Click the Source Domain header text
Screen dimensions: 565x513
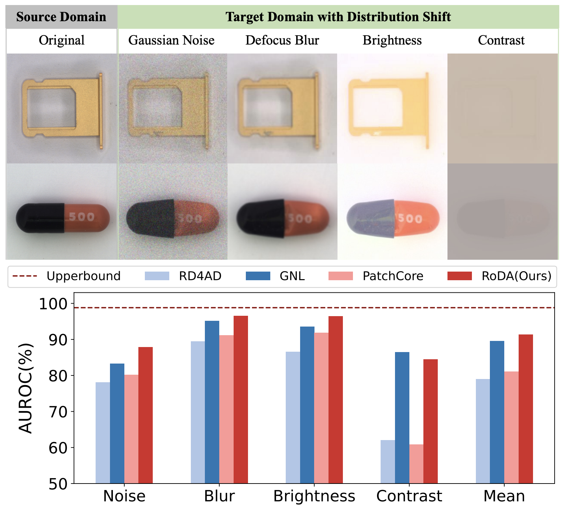[61, 17]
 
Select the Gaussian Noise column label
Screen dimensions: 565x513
[171, 40]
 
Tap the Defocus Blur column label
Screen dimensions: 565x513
[282, 40]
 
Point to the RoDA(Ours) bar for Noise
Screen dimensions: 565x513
[146, 415]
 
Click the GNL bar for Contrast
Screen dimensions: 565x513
[402, 417]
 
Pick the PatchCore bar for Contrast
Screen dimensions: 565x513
[416, 464]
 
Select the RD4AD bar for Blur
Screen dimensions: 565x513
[198, 412]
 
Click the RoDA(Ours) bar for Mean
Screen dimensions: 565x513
[525, 409]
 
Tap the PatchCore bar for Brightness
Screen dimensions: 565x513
[321, 408]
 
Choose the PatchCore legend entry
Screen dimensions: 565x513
[376, 276]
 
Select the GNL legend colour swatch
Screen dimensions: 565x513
[258, 276]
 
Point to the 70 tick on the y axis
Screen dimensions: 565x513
[72, 411]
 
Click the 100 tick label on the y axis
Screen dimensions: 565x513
[53, 304]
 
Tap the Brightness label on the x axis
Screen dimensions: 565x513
[314, 496]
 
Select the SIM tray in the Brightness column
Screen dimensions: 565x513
[389, 110]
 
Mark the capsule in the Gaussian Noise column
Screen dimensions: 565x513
[173, 218]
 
